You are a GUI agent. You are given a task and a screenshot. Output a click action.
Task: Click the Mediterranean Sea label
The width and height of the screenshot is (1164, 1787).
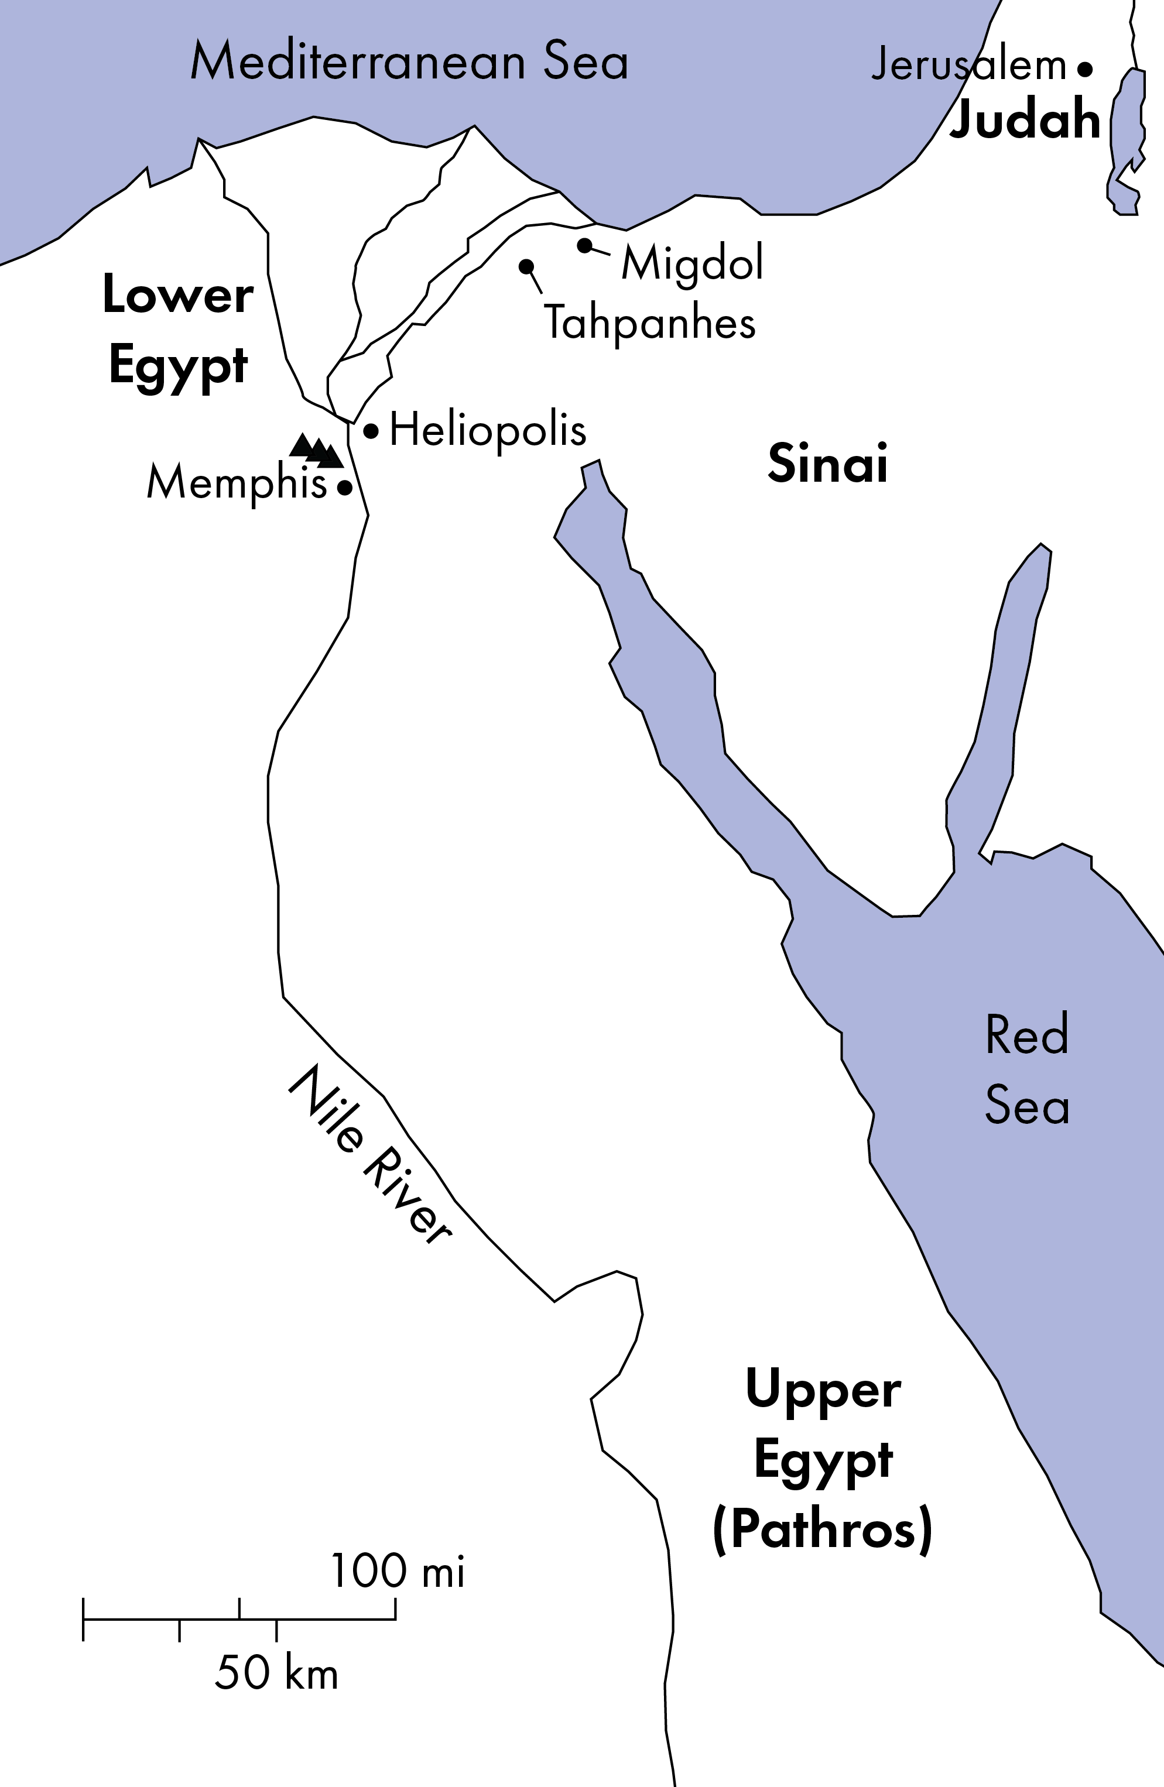point(409,61)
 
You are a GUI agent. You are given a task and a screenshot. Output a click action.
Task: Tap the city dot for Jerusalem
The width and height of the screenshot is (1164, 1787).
point(1084,69)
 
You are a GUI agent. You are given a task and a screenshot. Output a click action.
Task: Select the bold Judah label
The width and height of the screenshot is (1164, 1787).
point(1025,119)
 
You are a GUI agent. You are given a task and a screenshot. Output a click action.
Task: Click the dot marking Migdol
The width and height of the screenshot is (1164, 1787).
point(584,245)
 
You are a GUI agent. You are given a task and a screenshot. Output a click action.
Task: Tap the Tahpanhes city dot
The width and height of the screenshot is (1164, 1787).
point(526,266)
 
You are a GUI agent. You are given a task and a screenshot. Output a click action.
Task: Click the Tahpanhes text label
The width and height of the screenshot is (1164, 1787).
point(649,324)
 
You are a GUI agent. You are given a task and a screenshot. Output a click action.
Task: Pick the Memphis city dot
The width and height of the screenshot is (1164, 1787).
point(345,488)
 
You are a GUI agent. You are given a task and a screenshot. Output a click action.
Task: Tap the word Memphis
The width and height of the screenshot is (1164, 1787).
point(237,483)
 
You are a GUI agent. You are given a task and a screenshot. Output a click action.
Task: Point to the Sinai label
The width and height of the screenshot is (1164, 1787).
point(827,463)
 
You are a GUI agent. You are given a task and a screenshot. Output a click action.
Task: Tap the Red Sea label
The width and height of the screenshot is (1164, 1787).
point(1026,1069)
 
